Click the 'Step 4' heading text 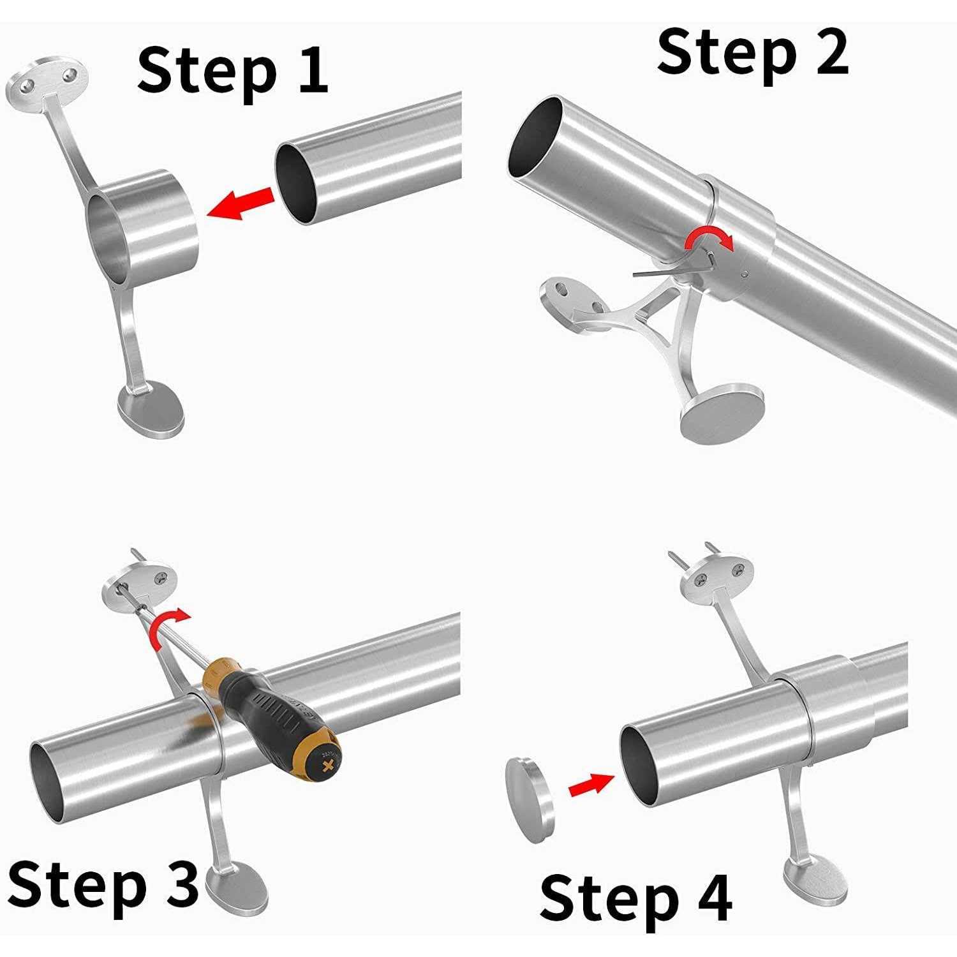pos(635,898)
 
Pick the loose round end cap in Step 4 pos(530,799)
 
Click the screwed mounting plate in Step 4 pos(718,574)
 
